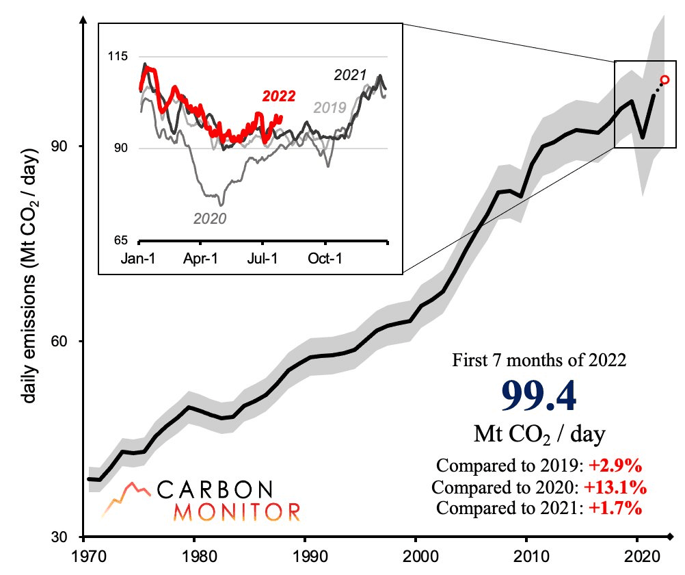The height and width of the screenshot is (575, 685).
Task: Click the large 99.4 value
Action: (x=537, y=396)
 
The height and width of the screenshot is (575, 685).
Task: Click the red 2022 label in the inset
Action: (x=279, y=98)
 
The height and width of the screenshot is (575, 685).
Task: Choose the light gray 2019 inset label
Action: (x=330, y=107)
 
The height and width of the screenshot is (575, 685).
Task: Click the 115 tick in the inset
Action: (x=119, y=57)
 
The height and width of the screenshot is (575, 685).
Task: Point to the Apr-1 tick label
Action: (x=201, y=260)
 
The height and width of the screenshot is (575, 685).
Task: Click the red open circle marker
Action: (x=664, y=81)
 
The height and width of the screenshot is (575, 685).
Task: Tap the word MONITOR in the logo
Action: (x=237, y=511)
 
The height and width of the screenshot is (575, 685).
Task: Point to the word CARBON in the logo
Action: (x=215, y=489)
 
